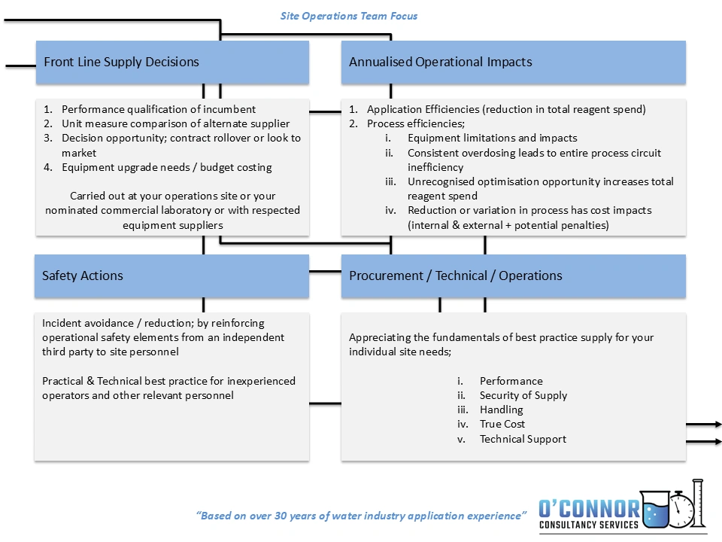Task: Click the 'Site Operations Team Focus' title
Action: click(348, 16)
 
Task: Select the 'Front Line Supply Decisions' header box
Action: click(172, 62)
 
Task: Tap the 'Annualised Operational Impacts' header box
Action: click(514, 62)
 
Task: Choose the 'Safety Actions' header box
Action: click(171, 276)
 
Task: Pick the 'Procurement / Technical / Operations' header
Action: click(514, 276)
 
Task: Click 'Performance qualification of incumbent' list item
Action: click(159, 109)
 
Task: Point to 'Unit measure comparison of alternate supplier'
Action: click(175, 123)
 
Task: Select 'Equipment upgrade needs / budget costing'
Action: click(167, 167)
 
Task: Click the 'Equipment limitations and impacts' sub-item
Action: click(492, 138)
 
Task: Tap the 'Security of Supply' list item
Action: click(523, 395)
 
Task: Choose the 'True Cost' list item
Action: click(502, 424)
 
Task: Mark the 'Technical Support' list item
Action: click(523, 439)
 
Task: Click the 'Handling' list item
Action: click(501, 410)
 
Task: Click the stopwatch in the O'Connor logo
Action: click(681, 510)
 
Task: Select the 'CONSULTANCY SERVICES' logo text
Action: click(588, 525)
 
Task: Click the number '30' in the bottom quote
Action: click(281, 516)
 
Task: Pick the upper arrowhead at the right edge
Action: click(717, 424)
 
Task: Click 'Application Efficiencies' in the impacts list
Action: click(423, 109)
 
